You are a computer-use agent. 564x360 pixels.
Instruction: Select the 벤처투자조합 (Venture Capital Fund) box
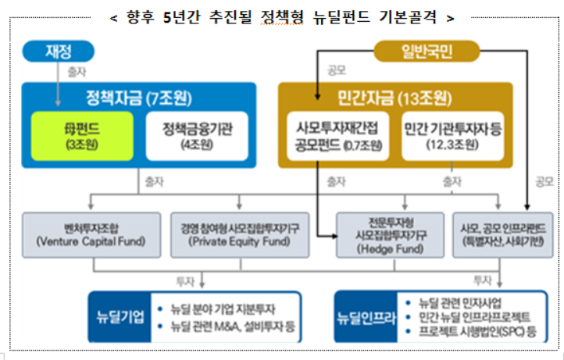click(91, 233)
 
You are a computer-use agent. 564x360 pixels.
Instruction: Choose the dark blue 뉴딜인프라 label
click(364, 318)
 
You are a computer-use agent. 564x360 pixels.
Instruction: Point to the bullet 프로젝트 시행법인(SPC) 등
click(472, 331)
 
